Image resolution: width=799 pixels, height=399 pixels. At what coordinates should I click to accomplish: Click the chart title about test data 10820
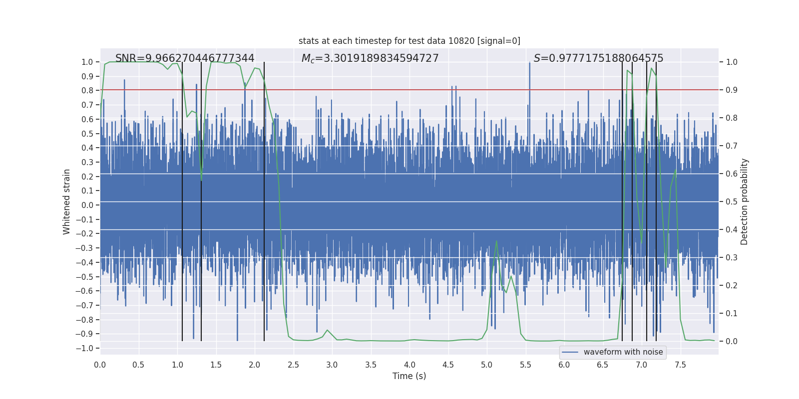tap(409, 41)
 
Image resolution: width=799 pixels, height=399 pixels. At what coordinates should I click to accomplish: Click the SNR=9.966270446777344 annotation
tap(185, 58)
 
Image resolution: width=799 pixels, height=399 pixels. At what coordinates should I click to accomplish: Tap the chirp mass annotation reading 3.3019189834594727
tap(370, 58)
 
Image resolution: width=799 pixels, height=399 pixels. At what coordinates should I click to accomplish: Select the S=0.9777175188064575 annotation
tap(598, 58)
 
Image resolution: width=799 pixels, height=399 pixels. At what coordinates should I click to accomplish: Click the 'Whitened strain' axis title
tap(67, 201)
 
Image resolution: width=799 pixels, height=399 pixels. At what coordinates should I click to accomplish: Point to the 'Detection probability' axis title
tap(745, 201)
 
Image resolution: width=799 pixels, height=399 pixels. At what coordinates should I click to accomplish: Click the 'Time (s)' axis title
tap(409, 376)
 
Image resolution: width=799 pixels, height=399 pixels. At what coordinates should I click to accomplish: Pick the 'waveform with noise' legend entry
tap(613, 352)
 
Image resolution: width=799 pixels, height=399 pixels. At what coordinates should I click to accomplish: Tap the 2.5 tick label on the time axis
tap(293, 365)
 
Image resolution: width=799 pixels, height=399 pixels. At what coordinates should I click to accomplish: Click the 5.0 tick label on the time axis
tap(487, 365)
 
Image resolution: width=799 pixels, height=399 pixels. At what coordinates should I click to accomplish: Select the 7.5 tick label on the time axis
tap(680, 365)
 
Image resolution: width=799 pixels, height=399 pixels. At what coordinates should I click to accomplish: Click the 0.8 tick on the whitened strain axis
tap(87, 91)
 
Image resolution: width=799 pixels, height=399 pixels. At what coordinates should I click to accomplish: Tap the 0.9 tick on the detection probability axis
tap(732, 90)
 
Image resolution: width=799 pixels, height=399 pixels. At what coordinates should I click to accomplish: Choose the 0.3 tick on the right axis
tap(732, 258)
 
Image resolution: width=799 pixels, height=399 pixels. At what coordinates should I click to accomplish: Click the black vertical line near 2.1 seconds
tap(264, 199)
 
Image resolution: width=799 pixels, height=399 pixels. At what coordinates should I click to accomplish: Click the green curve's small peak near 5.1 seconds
tap(496, 241)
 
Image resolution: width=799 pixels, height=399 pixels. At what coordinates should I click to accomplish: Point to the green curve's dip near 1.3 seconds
tap(201, 180)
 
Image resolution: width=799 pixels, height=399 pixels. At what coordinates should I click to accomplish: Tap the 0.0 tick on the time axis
tap(100, 365)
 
